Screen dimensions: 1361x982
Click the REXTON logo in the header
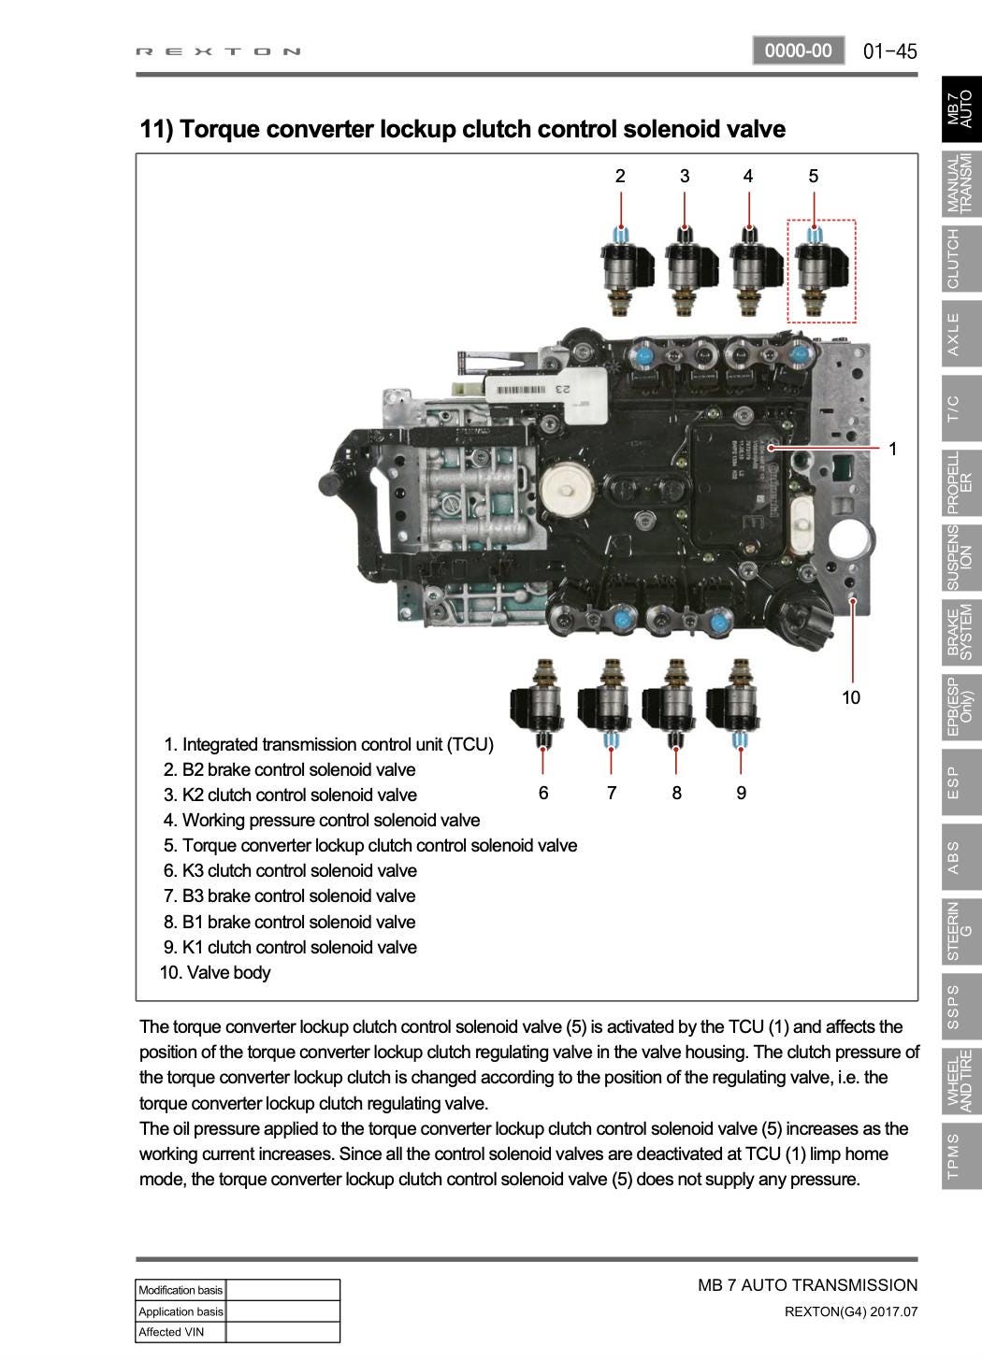pyautogui.click(x=219, y=51)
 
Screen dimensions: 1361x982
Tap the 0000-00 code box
pyautogui.click(x=798, y=50)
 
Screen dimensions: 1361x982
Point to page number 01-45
pyautogui.click(x=889, y=51)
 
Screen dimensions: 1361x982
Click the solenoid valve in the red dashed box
pyautogui.click(x=821, y=270)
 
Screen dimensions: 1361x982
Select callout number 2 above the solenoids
pyautogui.click(x=620, y=176)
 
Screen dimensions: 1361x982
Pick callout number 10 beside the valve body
pyautogui.click(x=850, y=697)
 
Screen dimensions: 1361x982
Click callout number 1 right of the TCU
pyautogui.click(x=893, y=450)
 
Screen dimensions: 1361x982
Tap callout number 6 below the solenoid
pyautogui.click(x=543, y=793)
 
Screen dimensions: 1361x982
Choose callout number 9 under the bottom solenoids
pyautogui.click(x=741, y=793)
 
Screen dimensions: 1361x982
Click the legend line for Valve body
pyautogui.click(x=215, y=972)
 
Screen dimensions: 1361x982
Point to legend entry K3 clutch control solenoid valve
pyautogui.click(x=290, y=870)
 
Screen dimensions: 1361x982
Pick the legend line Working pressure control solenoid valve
pyautogui.click(x=322, y=820)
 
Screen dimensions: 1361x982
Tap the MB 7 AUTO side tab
pyautogui.click(x=960, y=109)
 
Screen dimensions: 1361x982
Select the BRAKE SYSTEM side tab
pyautogui.click(x=960, y=632)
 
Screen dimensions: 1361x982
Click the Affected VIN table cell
pyautogui.click(x=181, y=1332)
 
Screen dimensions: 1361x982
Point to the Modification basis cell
pyautogui.click(x=181, y=1290)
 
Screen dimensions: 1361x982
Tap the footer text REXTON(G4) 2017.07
pyautogui.click(x=851, y=1311)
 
